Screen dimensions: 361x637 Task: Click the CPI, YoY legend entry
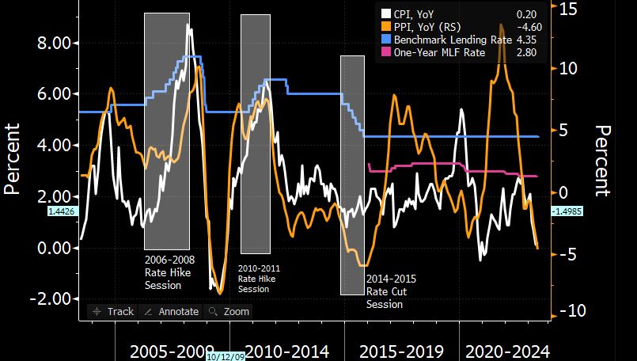(x=413, y=13)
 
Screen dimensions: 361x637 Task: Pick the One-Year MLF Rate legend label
(x=439, y=52)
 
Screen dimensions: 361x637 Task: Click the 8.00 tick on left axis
(x=55, y=43)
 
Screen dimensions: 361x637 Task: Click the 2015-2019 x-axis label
(x=400, y=351)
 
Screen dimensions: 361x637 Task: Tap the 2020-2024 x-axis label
(x=507, y=351)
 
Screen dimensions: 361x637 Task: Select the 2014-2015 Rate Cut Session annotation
(x=390, y=291)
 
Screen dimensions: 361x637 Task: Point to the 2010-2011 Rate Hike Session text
(x=259, y=279)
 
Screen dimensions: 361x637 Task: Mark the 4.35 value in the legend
(x=527, y=40)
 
